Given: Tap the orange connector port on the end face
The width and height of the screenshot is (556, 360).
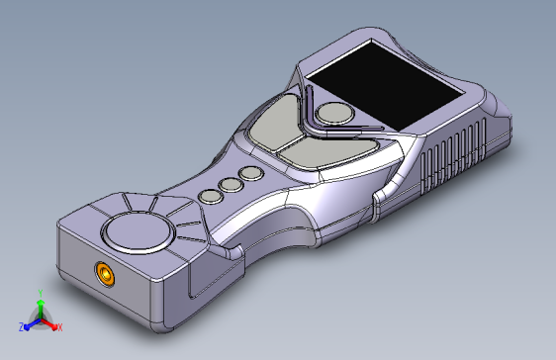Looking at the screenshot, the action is [x=105, y=273].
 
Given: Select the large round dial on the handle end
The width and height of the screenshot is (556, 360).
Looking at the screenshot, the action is [x=139, y=232].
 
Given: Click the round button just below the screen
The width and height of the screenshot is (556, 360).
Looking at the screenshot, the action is [x=334, y=114].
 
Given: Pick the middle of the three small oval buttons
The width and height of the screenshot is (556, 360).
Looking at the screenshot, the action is [x=232, y=185].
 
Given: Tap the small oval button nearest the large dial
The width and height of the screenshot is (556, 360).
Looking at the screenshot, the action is [x=211, y=197].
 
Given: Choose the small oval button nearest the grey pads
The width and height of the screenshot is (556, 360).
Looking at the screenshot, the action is [x=251, y=174].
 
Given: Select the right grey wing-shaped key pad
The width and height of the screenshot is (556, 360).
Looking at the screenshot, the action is [x=326, y=152].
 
